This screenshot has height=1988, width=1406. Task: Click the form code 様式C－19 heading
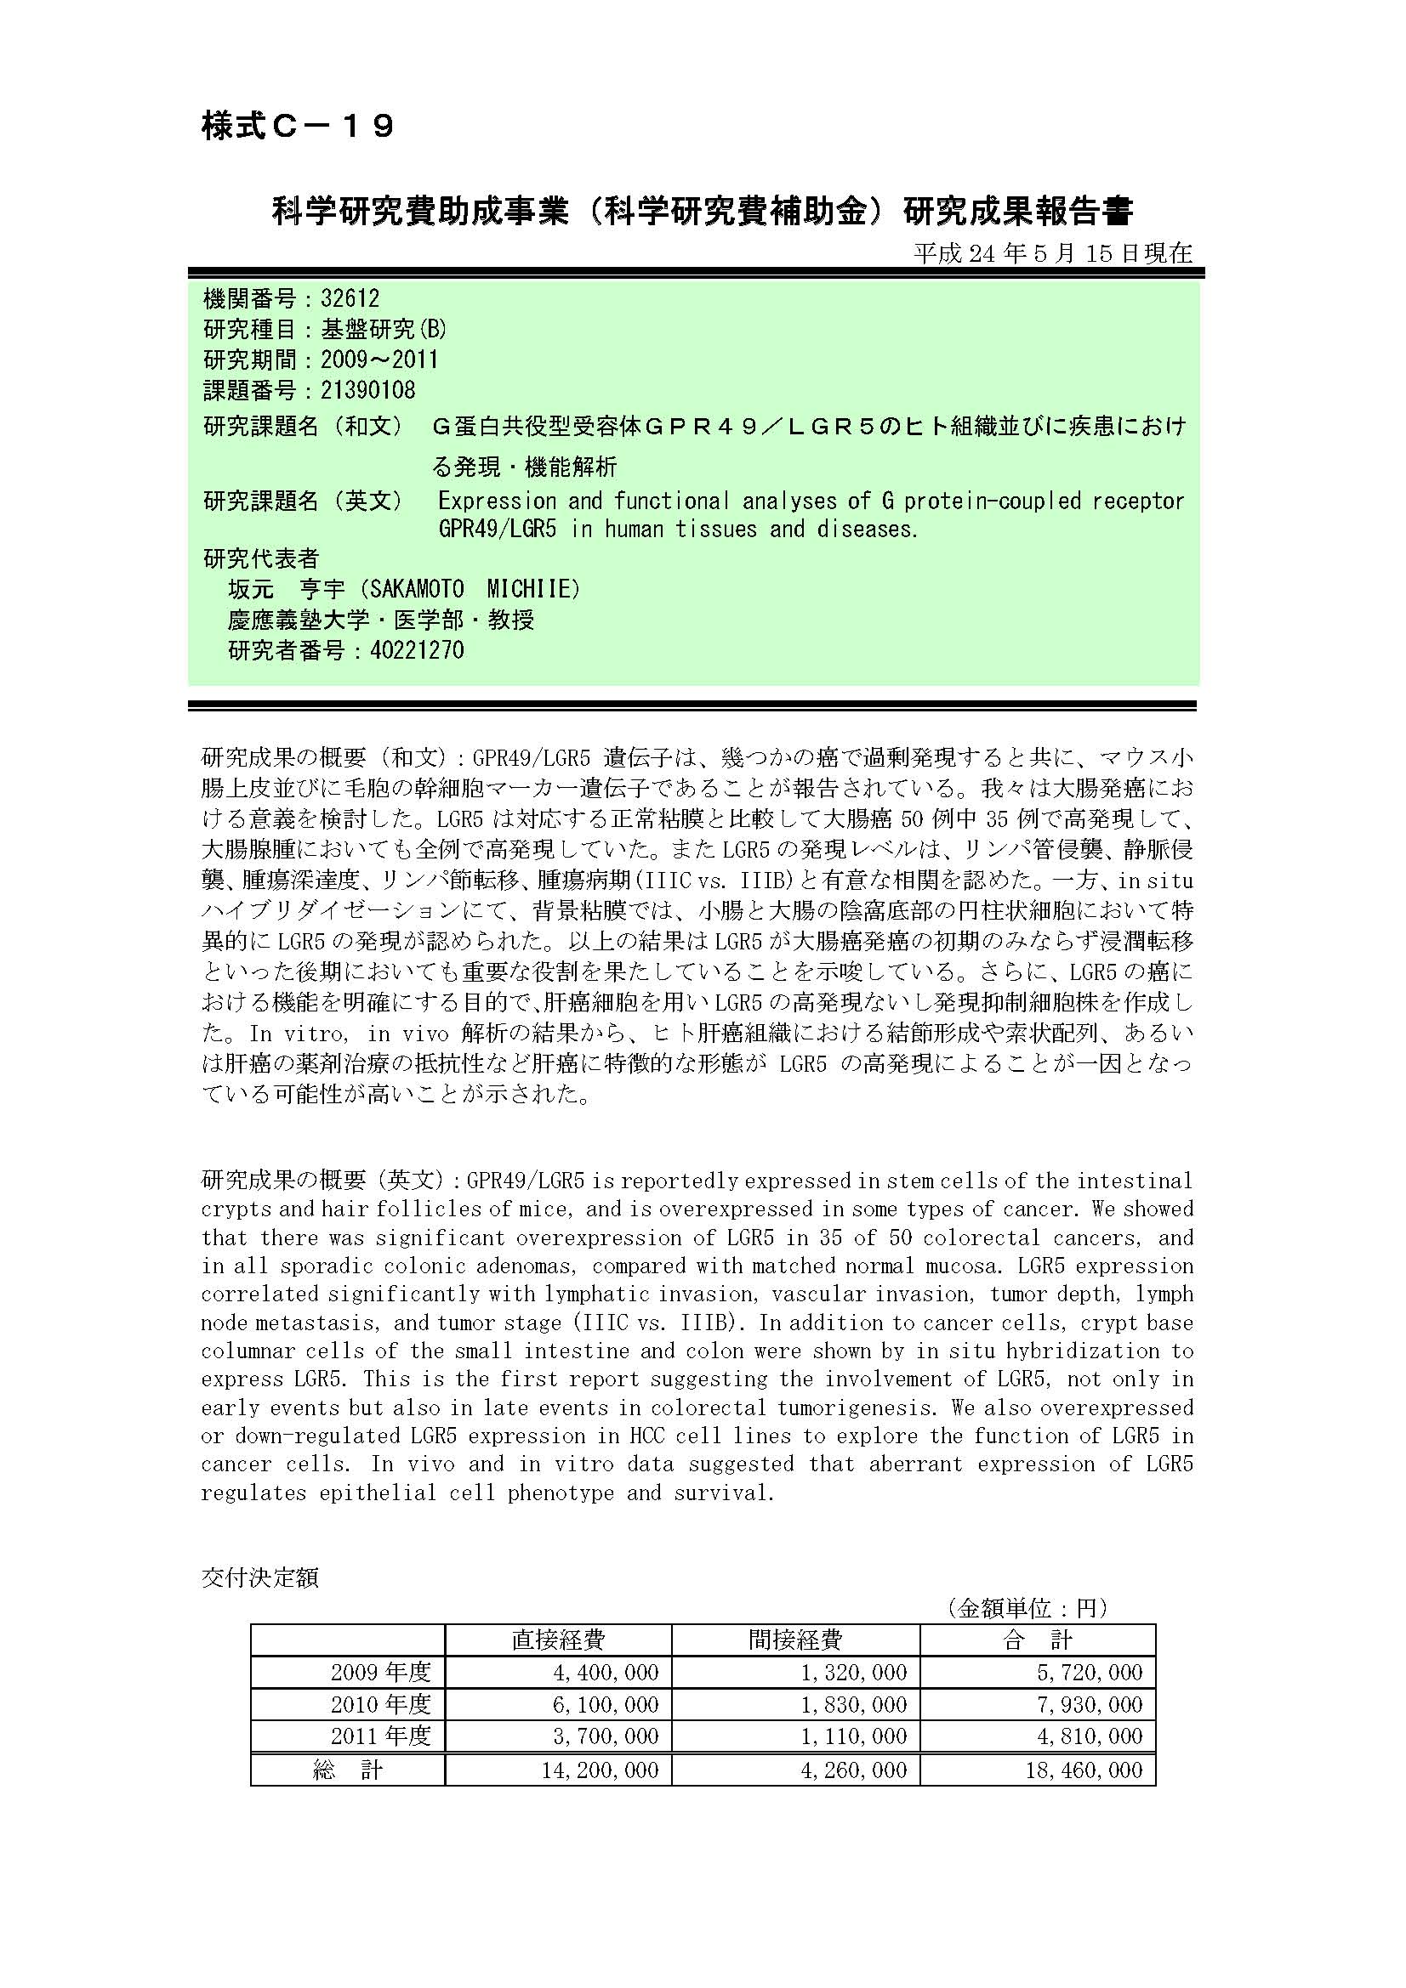298,127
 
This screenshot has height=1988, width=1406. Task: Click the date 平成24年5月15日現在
1052,252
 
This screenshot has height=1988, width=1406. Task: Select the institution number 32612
350,298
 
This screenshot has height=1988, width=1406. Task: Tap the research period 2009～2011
379,360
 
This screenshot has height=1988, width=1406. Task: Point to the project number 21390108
367,390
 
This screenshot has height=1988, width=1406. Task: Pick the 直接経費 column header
558,1639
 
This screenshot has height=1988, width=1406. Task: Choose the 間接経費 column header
795,1639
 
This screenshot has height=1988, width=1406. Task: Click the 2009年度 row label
380,1672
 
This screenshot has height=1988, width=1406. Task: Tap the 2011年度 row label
380,1736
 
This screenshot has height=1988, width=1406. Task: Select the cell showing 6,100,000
606,1704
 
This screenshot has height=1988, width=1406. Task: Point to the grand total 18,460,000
1084,1770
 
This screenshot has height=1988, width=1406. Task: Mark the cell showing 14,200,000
600,1770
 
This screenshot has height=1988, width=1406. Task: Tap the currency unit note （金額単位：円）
1027,1609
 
